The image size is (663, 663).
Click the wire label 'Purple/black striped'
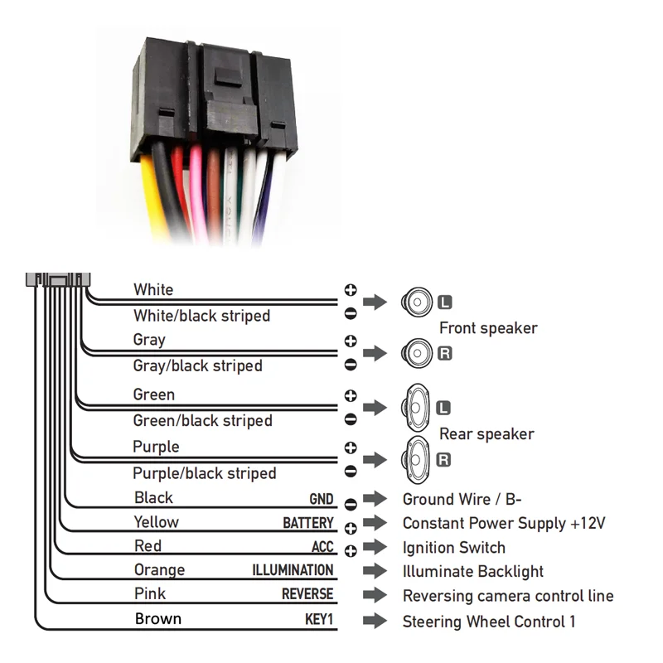click(204, 473)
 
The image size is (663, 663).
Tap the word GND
click(321, 499)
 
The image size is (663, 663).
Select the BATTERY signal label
click(308, 523)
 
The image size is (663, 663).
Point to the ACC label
click(322, 547)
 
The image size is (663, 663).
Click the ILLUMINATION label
click(293, 570)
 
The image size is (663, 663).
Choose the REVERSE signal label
click(307, 594)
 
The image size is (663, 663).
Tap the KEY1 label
click(319, 619)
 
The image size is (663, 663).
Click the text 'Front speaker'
click(488, 328)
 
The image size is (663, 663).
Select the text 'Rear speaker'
click(486, 433)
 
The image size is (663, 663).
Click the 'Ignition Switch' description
click(453, 547)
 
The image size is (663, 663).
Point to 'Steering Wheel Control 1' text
click(488, 621)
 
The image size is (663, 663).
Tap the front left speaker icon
click(418, 301)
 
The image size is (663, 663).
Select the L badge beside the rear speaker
click(443, 408)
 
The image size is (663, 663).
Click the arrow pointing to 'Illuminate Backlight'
click(375, 571)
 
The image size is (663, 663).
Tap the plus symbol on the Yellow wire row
click(351, 527)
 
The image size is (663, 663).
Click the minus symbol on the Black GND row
click(351, 503)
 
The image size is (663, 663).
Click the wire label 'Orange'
click(159, 570)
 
